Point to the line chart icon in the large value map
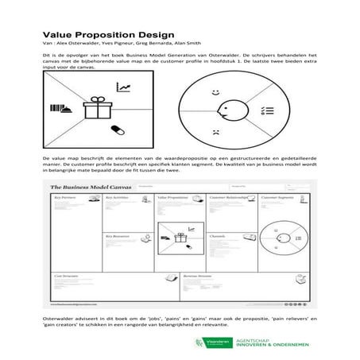[123, 87]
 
